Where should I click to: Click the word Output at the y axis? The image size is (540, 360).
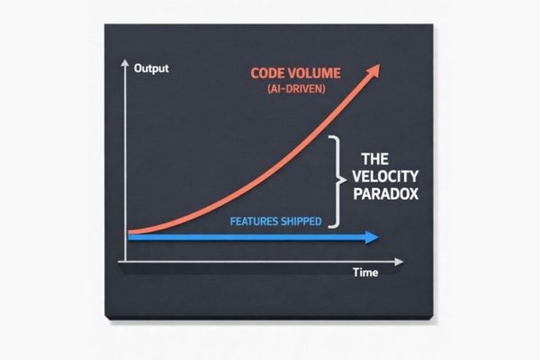click(150, 68)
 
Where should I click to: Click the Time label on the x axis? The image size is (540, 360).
click(365, 272)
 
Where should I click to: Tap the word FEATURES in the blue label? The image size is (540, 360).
click(254, 220)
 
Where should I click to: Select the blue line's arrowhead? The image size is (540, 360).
click(371, 238)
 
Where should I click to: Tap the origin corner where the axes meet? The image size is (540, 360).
click(124, 260)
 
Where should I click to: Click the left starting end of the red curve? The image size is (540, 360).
click(131, 230)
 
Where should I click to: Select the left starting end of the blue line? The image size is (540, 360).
click(131, 238)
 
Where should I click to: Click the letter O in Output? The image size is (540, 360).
click(137, 68)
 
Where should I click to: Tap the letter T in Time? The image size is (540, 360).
click(355, 272)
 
